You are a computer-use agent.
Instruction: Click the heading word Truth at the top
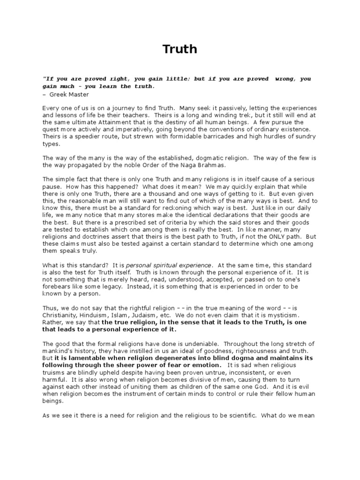click(x=180, y=49)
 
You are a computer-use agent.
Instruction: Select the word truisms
click(x=55, y=372)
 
